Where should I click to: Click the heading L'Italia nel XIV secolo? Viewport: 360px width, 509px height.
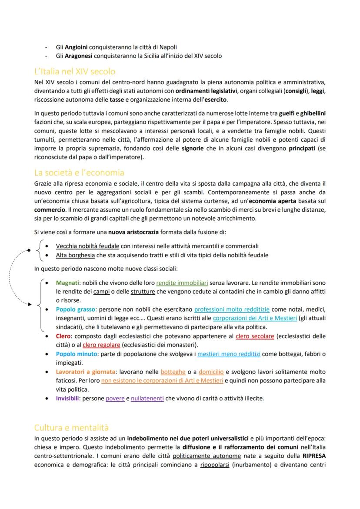click(x=75, y=71)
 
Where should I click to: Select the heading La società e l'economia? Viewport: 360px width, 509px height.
click(x=79, y=173)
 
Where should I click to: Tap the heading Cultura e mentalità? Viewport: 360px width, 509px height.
click(x=71, y=427)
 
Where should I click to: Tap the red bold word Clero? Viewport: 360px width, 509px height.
click(x=63, y=336)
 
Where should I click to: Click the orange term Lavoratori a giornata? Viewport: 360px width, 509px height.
click(x=86, y=372)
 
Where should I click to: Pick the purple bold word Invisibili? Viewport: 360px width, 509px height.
click(x=67, y=398)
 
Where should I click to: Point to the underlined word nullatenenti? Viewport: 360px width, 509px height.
click(x=147, y=398)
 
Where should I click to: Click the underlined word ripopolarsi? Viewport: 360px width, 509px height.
click(x=215, y=465)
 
